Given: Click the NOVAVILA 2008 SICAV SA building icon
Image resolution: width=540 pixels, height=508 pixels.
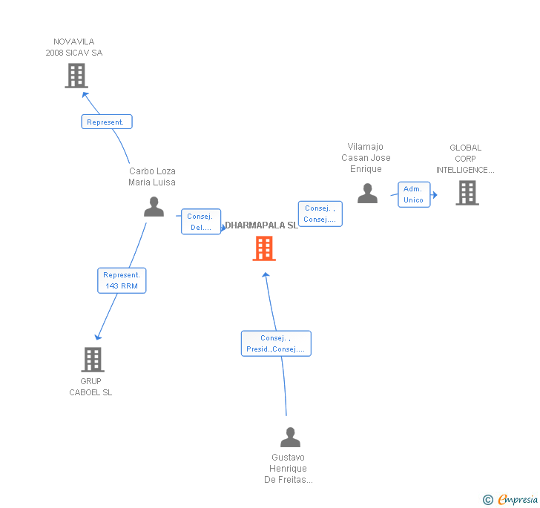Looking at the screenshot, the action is (x=76, y=75).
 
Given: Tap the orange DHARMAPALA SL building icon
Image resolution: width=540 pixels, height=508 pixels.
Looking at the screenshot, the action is (x=264, y=248).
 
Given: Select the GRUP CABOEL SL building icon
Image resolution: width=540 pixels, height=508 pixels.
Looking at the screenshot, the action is (x=92, y=360).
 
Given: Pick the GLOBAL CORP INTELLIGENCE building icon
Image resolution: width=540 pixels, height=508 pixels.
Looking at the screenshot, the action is (x=467, y=193).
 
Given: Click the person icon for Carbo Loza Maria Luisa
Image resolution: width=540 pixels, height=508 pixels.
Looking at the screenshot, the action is (x=154, y=207).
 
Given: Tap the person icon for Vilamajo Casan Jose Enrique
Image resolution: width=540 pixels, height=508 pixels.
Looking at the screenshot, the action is (x=367, y=194).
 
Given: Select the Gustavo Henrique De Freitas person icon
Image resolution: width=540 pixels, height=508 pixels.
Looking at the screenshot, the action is (x=290, y=438).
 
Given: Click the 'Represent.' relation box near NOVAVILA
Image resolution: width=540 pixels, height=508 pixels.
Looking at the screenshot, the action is (x=107, y=122).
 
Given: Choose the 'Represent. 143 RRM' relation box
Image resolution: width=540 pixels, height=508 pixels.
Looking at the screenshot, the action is (x=122, y=280).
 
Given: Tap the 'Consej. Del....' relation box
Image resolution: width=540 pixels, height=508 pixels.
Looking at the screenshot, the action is (x=201, y=222).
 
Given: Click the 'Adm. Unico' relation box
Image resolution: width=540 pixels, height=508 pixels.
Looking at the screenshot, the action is (x=413, y=194).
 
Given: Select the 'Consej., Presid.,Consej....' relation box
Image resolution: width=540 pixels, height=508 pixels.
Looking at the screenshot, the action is (x=276, y=343).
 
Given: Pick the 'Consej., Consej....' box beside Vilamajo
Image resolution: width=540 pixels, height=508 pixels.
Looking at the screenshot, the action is (x=320, y=214).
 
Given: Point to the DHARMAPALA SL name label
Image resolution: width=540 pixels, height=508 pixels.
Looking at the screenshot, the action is (x=261, y=225).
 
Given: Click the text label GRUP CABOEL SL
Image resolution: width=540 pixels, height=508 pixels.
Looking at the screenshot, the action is (x=90, y=387).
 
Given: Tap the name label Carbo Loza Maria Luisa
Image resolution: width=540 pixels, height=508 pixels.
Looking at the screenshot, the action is (x=152, y=177).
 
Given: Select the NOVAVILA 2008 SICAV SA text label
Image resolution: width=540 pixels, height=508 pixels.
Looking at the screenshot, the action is (x=74, y=47).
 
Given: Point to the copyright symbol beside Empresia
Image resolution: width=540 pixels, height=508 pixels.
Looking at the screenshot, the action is (x=487, y=500).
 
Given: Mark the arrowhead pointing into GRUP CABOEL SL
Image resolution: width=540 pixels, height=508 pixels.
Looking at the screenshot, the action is (x=97, y=337).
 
